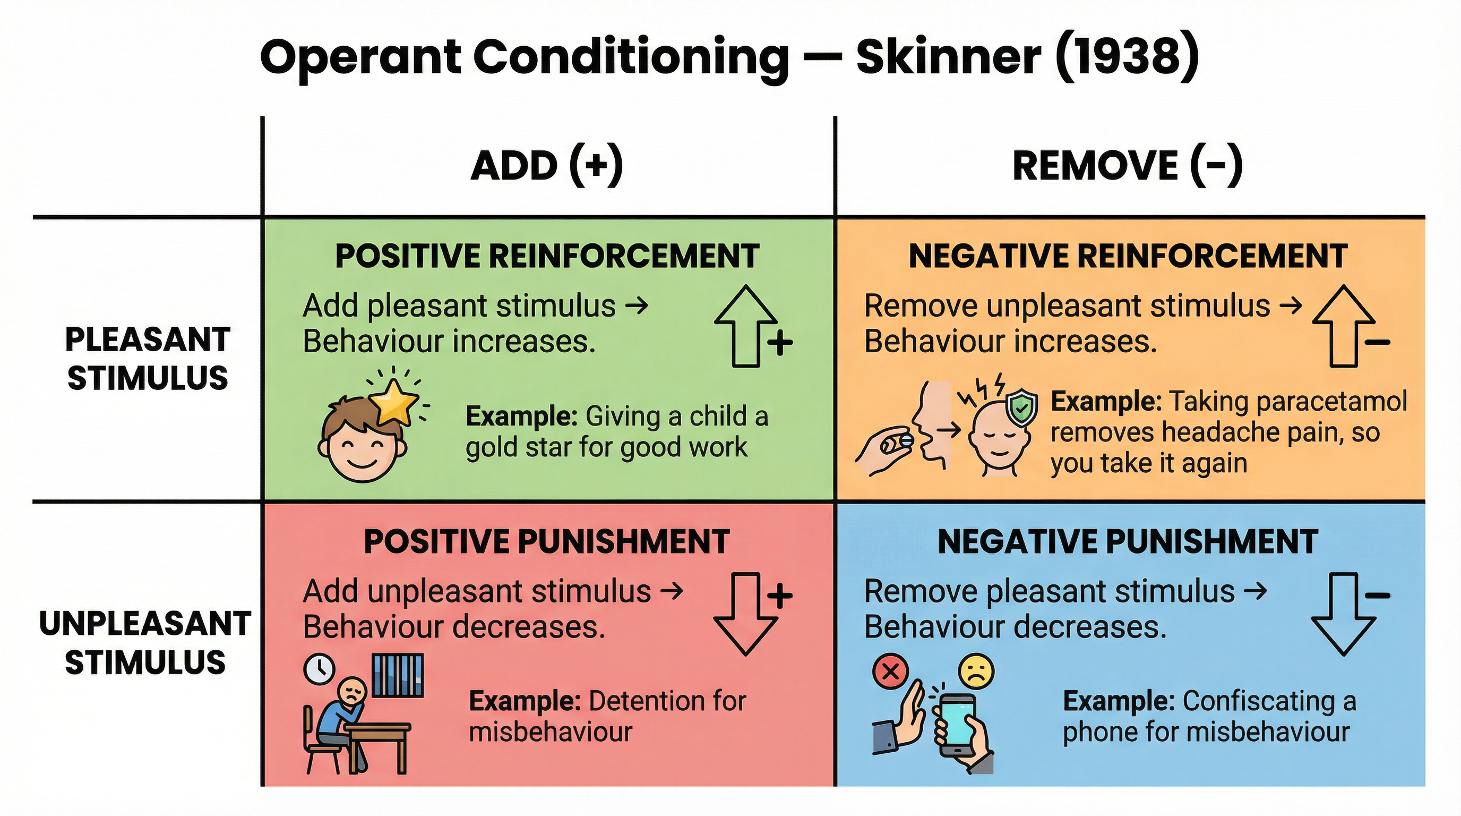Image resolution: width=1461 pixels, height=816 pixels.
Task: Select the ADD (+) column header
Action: click(x=547, y=166)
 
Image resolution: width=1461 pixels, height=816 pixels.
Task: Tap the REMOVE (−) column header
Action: click(x=1128, y=166)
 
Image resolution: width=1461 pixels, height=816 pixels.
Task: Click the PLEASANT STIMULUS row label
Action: click(x=148, y=359)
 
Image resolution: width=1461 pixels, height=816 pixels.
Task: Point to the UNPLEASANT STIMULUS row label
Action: click(x=145, y=643)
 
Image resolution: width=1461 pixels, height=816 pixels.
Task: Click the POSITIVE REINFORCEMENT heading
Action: click(x=547, y=256)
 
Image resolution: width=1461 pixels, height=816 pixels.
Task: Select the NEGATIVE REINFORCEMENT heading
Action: click(x=1128, y=256)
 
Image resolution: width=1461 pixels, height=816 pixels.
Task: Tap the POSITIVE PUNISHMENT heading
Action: click(x=547, y=541)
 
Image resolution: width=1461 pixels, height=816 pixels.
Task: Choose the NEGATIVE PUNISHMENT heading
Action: click(x=1128, y=541)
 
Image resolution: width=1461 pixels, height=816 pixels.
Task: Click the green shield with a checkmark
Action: click(x=1021, y=407)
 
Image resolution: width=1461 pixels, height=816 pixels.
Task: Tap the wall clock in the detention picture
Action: click(x=319, y=669)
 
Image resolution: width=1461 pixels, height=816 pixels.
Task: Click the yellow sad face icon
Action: click(x=976, y=671)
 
